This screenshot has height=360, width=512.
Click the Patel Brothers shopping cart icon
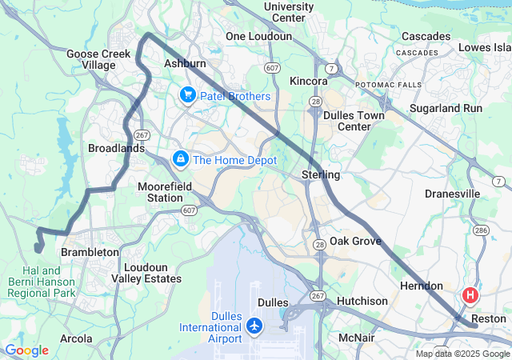click(x=188, y=96)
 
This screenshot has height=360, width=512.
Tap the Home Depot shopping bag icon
click(x=182, y=159)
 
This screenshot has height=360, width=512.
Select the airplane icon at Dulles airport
click(x=254, y=326)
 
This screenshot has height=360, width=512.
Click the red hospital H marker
click(x=470, y=295)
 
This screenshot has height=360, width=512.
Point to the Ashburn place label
click(x=185, y=63)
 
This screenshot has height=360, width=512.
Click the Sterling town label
click(x=321, y=174)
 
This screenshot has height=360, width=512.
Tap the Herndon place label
click(x=421, y=286)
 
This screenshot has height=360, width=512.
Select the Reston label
click(x=488, y=318)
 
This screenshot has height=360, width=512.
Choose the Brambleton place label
click(x=90, y=252)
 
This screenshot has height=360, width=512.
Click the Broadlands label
click(x=116, y=149)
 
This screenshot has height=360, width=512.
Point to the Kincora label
click(x=309, y=82)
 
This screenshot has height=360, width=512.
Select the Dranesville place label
click(x=452, y=194)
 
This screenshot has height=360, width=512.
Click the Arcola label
click(x=76, y=338)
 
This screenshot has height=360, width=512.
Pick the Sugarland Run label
click(x=446, y=108)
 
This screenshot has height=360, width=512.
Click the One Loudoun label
click(x=258, y=37)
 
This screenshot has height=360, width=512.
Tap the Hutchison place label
click(x=362, y=301)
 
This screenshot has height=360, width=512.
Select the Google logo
click(x=26, y=350)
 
